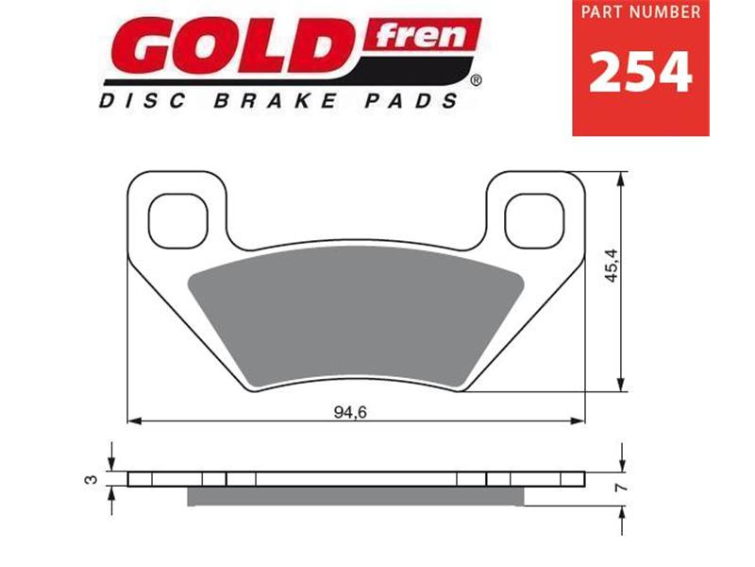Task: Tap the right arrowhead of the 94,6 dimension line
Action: tap(578, 419)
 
